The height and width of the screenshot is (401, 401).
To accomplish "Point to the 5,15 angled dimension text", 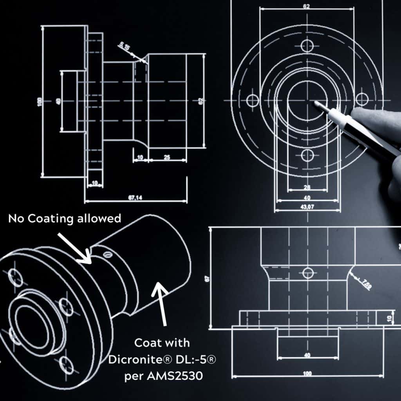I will [x=125, y=47].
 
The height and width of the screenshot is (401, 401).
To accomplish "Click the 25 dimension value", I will [x=167, y=157].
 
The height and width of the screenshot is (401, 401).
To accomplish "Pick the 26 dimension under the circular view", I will [x=307, y=187].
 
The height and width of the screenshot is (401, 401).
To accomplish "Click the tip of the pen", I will [x=316, y=103].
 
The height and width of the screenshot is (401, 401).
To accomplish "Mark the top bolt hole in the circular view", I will [x=307, y=46].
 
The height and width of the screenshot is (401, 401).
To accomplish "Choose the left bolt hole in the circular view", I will [x=253, y=100].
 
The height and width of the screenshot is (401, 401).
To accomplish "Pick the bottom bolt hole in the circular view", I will [x=308, y=155].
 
